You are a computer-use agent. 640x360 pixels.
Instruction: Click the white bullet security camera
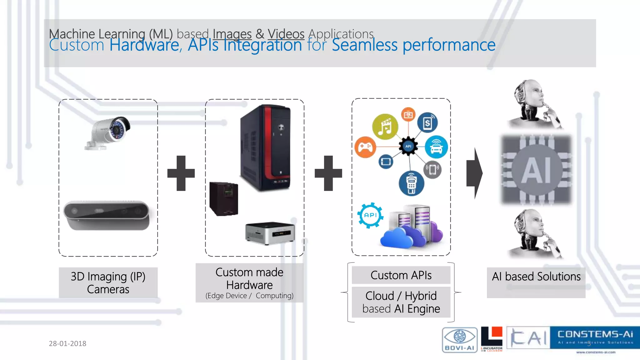[108, 133]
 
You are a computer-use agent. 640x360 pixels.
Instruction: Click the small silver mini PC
[270, 233]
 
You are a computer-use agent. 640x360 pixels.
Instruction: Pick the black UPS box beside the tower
[224, 199]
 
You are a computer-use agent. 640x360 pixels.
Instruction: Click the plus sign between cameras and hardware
[181, 173]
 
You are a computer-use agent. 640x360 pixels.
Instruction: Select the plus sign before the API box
[328, 173]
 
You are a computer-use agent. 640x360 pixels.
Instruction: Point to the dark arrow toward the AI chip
[474, 173]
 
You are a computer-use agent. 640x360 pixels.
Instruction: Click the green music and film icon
[385, 127]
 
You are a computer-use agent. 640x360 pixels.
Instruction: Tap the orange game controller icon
[365, 147]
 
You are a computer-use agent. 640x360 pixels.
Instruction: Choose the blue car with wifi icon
[436, 147]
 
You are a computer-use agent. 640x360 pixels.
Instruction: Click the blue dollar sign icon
[427, 122]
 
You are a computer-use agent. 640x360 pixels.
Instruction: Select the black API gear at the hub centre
[408, 146]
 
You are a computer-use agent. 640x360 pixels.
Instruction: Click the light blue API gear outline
[370, 215]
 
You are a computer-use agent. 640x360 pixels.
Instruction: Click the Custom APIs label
[401, 275]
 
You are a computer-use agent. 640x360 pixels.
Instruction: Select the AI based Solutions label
[536, 277]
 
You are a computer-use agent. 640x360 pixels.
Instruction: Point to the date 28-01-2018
[67, 343]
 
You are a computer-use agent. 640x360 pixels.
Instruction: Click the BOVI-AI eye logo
[460, 340]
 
